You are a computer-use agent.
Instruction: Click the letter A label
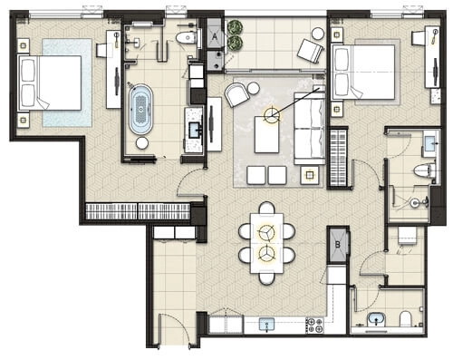(x=215, y=37)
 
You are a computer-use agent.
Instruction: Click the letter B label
(x=338, y=244)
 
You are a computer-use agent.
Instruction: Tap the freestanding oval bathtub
(x=141, y=109)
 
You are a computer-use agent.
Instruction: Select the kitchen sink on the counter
(x=267, y=324)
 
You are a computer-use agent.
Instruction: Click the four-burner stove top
(x=314, y=326)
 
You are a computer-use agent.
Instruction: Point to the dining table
(x=266, y=243)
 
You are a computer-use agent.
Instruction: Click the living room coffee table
(x=266, y=135)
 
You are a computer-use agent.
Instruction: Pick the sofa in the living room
(x=309, y=129)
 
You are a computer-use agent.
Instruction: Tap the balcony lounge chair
(x=310, y=52)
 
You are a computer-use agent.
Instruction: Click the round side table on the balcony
(x=317, y=34)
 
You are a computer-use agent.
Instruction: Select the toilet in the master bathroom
(x=186, y=38)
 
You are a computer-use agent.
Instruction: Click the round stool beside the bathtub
(x=142, y=143)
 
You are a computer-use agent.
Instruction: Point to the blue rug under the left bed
(x=67, y=83)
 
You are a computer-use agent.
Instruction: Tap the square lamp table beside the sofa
(x=310, y=175)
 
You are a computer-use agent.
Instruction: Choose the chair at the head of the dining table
(x=266, y=208)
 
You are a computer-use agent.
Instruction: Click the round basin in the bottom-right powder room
(x=376, y=320)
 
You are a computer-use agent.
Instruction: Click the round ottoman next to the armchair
(x=253, y=88)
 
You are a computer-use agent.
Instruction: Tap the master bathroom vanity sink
(x=195, y=129)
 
